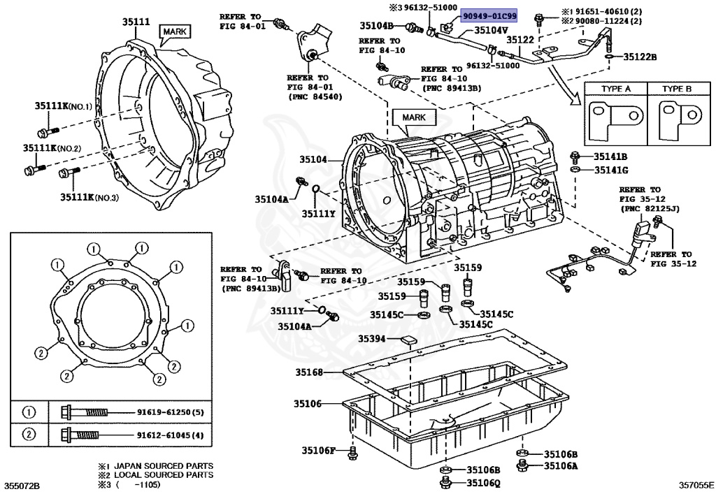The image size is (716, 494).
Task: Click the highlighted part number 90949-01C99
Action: (489, 16)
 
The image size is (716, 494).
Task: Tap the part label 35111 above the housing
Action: (136, 21)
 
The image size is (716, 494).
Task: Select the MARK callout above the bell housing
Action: (174, 31)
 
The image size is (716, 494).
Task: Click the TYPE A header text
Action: (615, 89)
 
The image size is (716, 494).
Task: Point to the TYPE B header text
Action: (677, 89)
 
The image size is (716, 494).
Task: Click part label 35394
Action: (372, 338)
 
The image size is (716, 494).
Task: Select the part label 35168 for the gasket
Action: (309, 372)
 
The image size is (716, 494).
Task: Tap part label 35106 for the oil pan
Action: (308, 404)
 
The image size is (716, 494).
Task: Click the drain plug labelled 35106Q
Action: (446, 482)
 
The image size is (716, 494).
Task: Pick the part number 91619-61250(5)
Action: (171, 412)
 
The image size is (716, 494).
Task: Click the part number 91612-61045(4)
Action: (171, 435)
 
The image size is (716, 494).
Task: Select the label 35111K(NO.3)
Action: (89, 198)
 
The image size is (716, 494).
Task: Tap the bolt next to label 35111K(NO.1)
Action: (48, 132)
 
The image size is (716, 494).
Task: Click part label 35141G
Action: (611, 170)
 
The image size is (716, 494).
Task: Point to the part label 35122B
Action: (640, 57)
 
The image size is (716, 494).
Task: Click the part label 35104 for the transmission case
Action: (313, 159)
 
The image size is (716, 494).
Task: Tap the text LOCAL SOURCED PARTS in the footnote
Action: (164, 475)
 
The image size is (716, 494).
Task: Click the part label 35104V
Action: (492, 30)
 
